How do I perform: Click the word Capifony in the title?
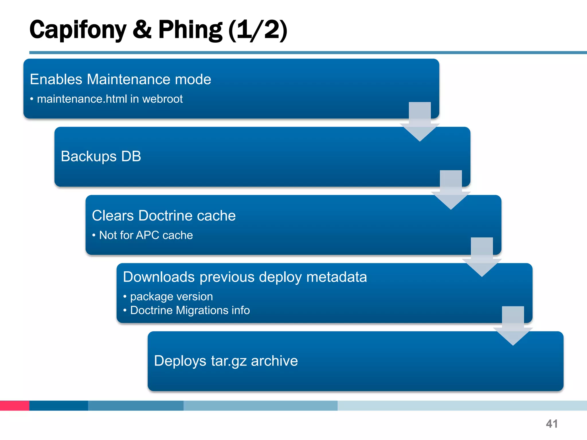click(x=78, y=30)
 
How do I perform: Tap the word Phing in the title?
click(x=190, y=30)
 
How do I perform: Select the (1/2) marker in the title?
click(x=258, y=30)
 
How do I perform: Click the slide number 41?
click(x=552, y=424)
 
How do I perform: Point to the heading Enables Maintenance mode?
click(x=120, y=79)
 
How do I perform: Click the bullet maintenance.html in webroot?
click(x=109, y=99)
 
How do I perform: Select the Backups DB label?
click(x=101, y=156)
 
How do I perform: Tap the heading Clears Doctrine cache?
click(x=164, y=216)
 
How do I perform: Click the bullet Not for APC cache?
click(x=146, y=235)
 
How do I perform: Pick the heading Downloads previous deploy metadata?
click(x=245, y=277)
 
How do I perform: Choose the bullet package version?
click(x=171, y=296)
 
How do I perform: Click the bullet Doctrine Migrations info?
click(x=190, y=311)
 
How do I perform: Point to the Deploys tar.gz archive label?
click(x=226, y=361)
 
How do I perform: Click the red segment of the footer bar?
click(x=15, y=406)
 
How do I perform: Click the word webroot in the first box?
click(x=163, y=99)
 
